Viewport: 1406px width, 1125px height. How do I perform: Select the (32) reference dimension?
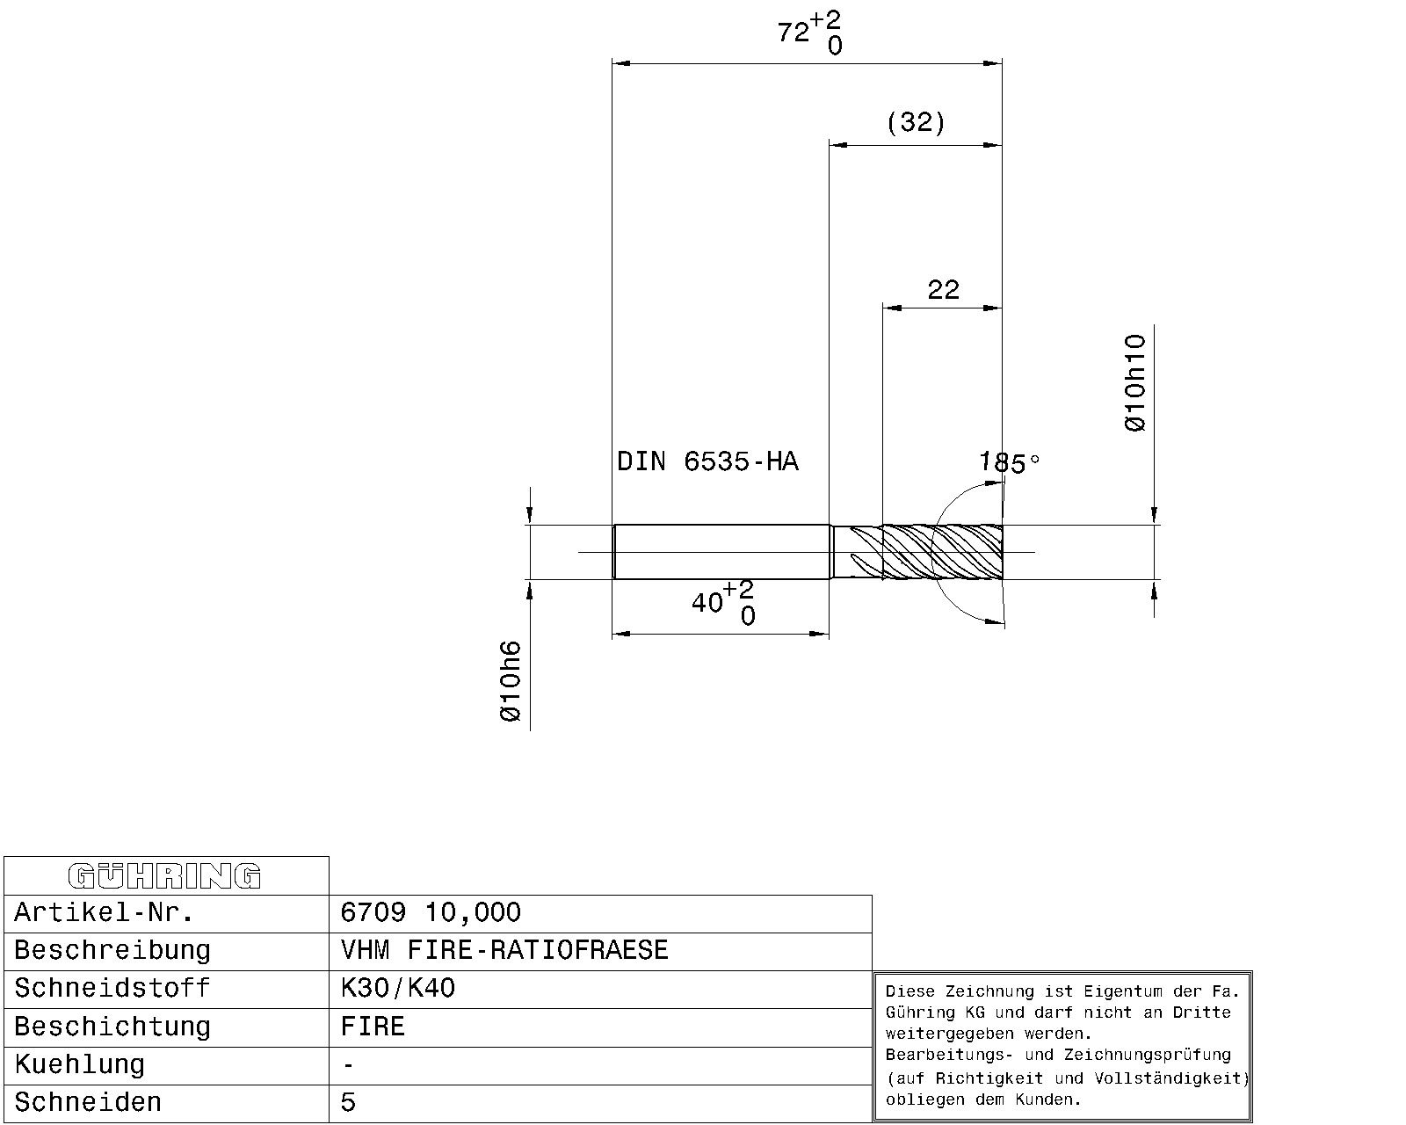916,122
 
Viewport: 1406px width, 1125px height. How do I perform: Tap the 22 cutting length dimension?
943,289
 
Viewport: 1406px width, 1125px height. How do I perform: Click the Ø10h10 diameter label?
1135,383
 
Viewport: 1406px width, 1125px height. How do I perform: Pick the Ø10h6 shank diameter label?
511,681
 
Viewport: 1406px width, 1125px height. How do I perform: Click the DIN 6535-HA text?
707,461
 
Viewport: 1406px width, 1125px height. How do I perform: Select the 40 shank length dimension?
722,603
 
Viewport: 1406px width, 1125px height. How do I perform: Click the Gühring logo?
164,876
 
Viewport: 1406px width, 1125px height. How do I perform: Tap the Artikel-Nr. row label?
104,912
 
